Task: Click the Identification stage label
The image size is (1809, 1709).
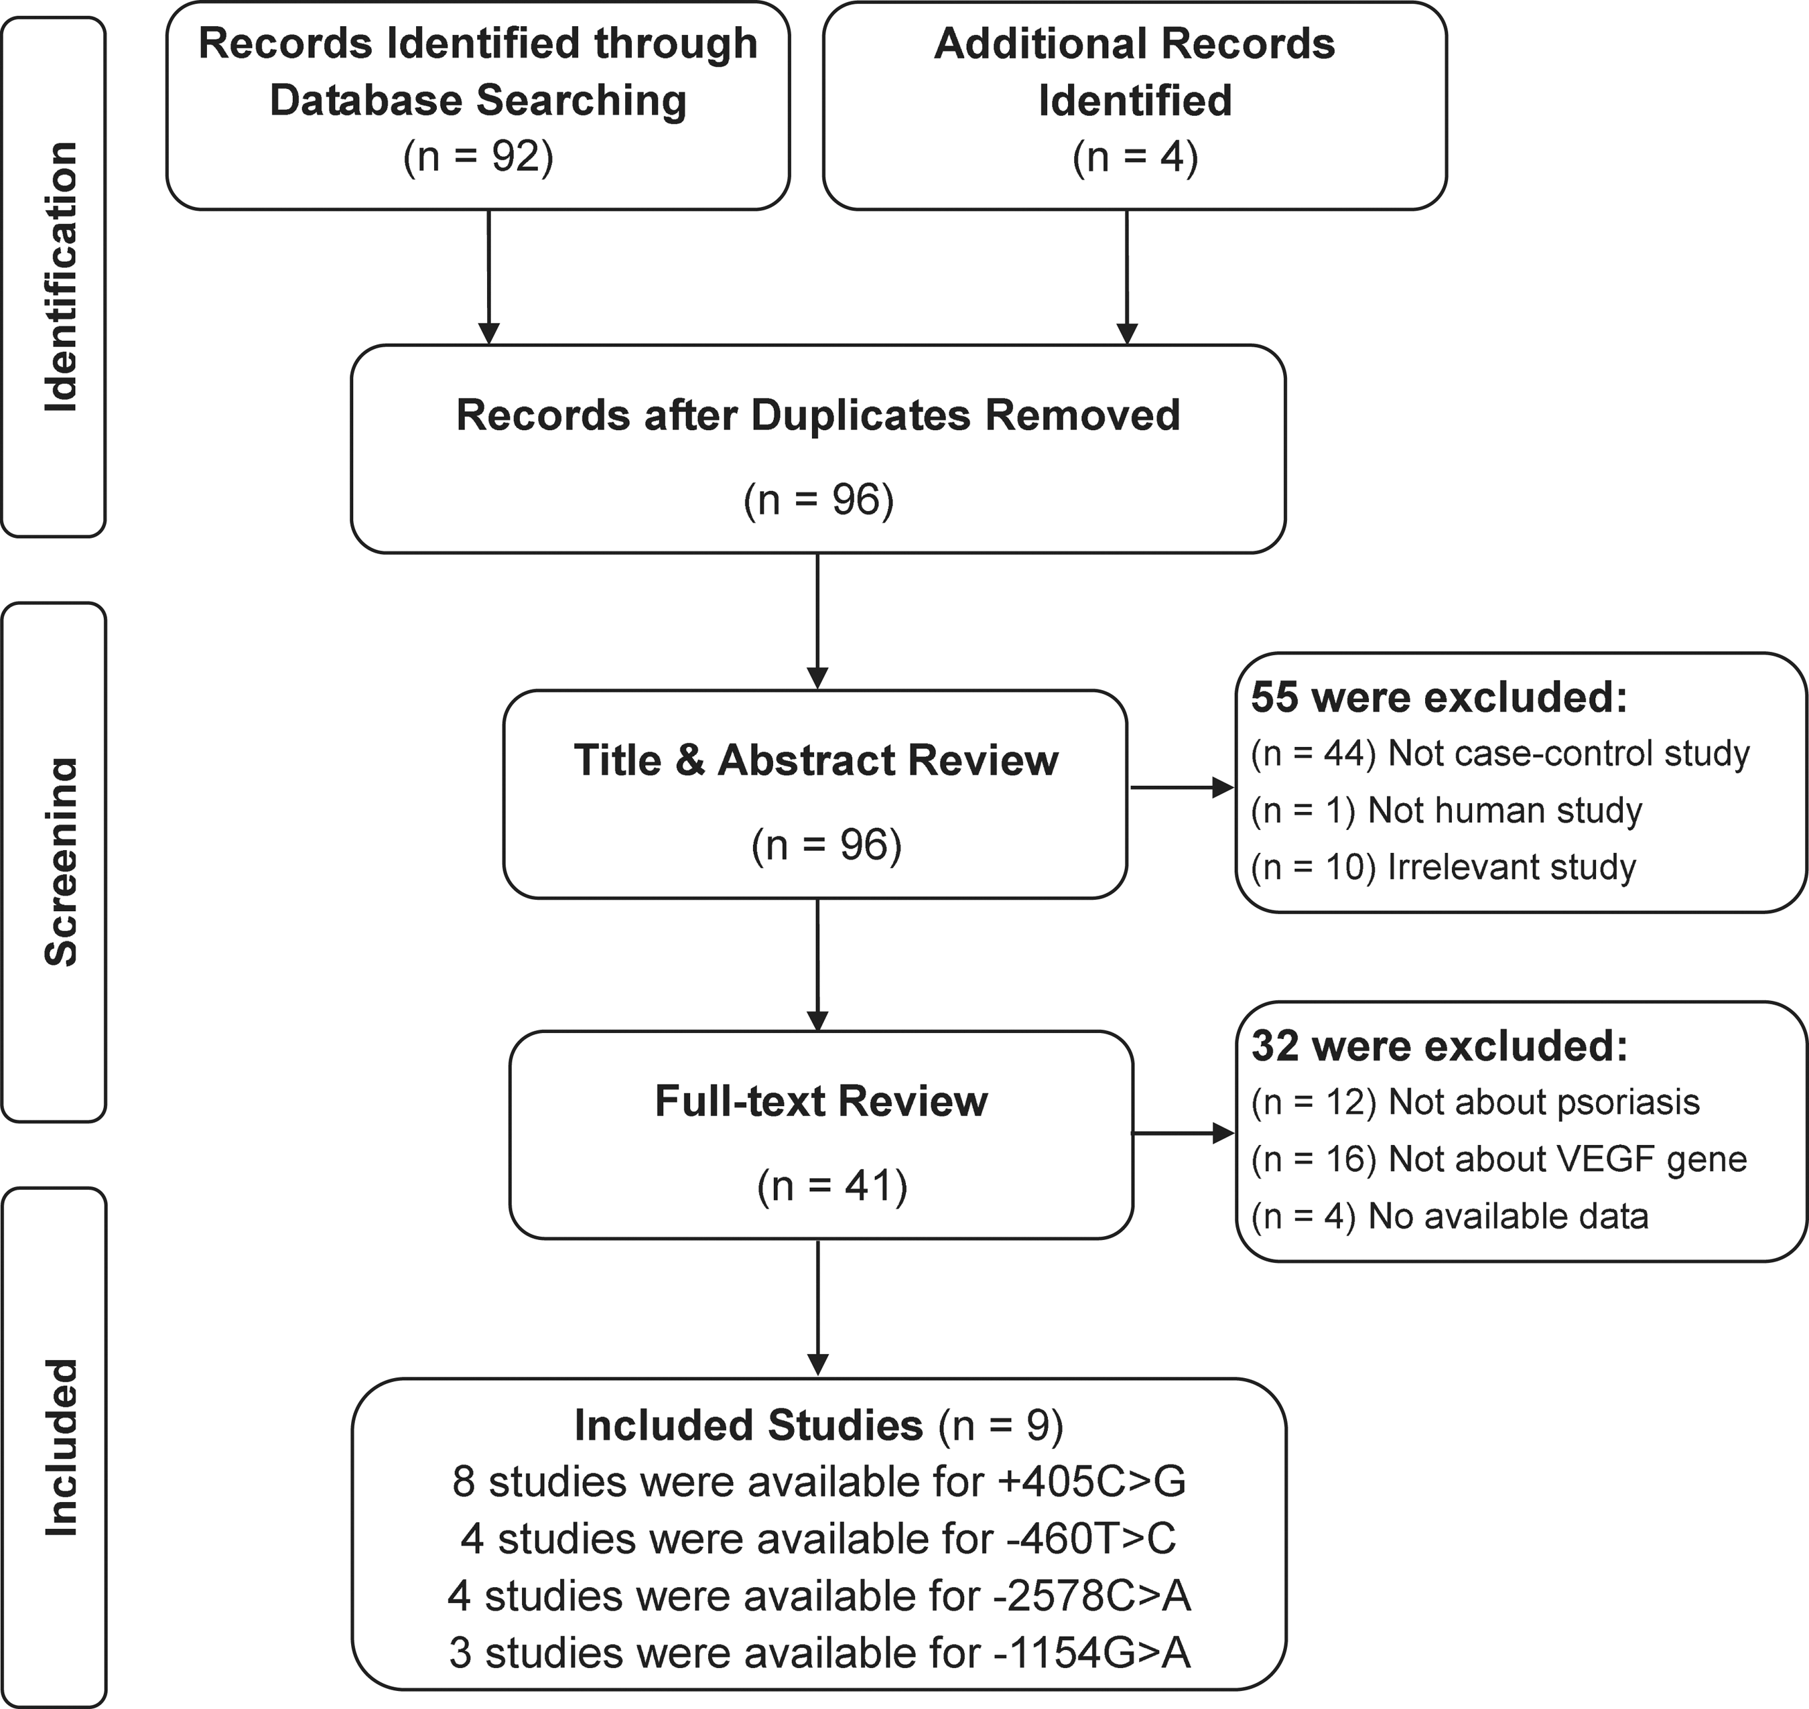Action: tap(61, 277)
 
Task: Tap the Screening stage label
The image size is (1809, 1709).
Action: tap(61, 861)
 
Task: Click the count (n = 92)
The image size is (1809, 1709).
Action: tap(478, 157)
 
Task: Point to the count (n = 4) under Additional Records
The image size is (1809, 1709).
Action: tap(1135, 157)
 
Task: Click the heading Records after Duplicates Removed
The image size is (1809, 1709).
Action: tap(818, 415)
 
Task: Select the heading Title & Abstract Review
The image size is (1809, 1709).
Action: tap(816, 760)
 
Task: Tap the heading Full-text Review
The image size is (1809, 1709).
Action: tap(821, 1101)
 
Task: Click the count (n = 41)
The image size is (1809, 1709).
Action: tap(831, 1186)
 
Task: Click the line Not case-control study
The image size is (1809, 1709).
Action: tap(1500, 754)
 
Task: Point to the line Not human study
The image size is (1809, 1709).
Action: tap(1447, 811)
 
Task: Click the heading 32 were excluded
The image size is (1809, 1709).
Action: tap(1439, 1046)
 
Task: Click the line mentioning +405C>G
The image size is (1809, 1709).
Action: tap(819, 1482)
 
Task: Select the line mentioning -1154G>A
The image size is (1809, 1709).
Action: tap(819, 1653)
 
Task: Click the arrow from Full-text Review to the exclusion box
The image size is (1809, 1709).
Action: tap(1183, 1134)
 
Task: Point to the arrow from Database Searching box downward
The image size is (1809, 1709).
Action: tap(489, 277)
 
